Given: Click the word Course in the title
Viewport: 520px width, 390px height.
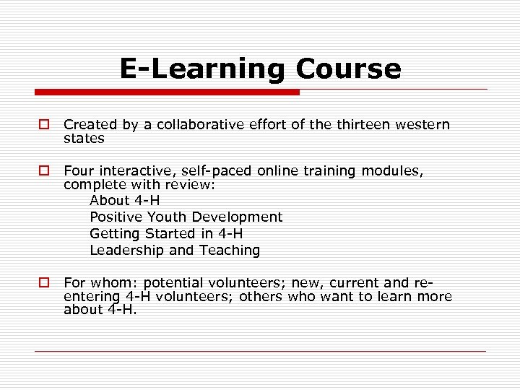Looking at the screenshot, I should click(x=347, y=69).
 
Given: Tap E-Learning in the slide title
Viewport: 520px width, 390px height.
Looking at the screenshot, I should click(x=203, y=70).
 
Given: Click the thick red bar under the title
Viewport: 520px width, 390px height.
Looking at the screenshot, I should click(x=166, y=92).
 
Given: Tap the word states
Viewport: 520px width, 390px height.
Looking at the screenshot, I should click(x=84, y=137).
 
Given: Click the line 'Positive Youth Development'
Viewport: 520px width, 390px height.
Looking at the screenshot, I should click(x=186, y=217).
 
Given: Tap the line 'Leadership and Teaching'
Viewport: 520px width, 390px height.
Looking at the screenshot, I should click(x=175, y=251).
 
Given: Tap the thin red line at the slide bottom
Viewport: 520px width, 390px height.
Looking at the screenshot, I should click(x=260, y=351).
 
